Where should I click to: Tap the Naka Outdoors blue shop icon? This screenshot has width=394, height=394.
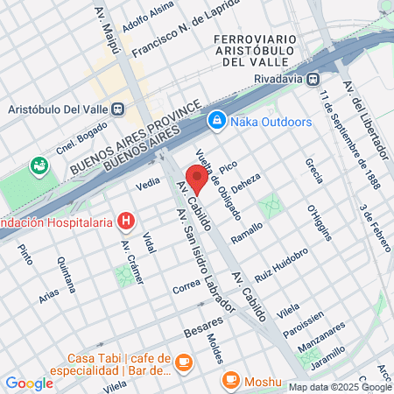pos(215,119)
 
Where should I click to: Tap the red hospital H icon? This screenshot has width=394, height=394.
pos(128,221)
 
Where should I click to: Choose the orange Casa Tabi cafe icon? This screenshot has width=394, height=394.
pos(183,362)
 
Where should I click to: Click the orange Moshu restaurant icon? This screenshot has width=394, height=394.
pos(230,381)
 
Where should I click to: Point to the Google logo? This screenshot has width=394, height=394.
pos(29,383)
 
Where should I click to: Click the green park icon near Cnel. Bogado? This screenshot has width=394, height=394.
pos(38,165)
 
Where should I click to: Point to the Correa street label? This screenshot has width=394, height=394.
pos(187,286)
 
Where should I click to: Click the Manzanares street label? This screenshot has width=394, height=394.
pos(321,329)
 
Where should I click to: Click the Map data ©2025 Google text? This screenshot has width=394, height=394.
pos(341,387)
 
